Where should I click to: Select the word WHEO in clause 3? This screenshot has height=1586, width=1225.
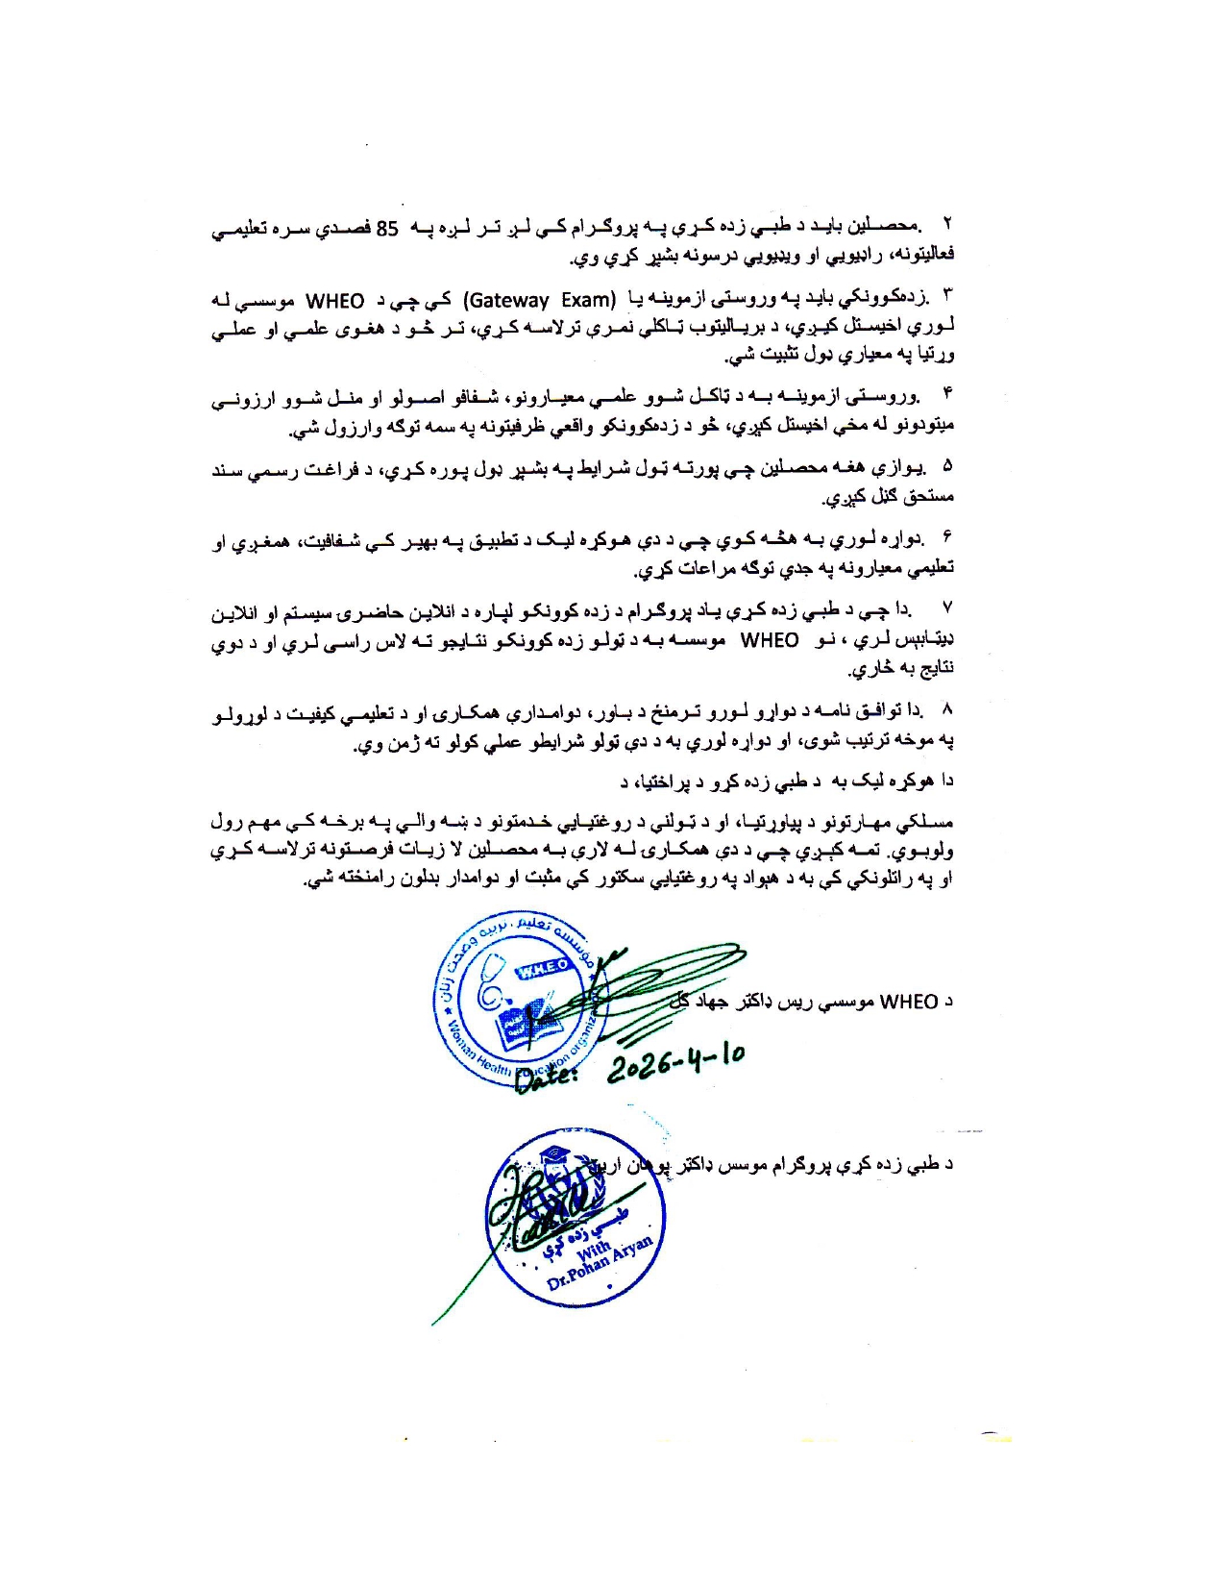point(334,301)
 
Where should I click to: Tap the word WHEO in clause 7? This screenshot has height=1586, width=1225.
point(769,640)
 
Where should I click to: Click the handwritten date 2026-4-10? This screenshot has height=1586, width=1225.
point(675,1060)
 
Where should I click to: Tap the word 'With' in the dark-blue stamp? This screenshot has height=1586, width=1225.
point(593,1251)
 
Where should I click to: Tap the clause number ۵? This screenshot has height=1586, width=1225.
point(946,467)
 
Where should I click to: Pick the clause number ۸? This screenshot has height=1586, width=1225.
point(946,710)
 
